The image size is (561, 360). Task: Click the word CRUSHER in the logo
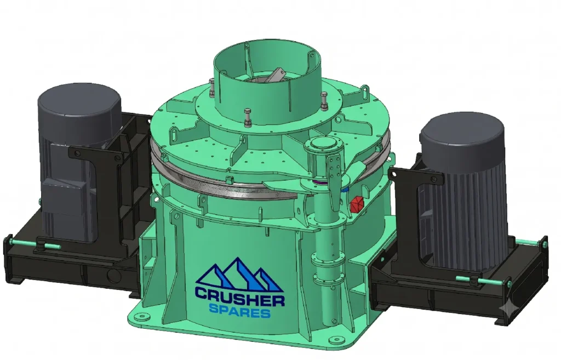pos(240,295)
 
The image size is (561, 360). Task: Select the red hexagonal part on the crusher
pos(356,204)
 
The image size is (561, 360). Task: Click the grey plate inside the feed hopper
pos(276,76)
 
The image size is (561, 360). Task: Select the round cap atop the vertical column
pos(322,145)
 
